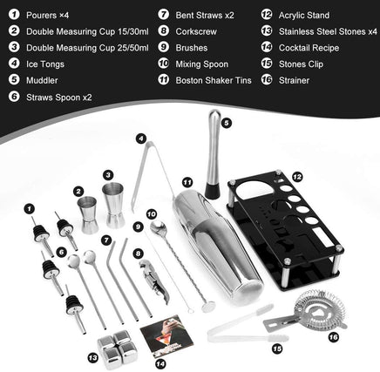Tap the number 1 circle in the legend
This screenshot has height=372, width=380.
click(15, 15)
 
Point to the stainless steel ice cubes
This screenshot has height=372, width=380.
click(118, 348)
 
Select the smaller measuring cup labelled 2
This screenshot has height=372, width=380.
click(89, 214)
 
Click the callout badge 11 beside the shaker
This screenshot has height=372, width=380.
click(186, 181)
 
